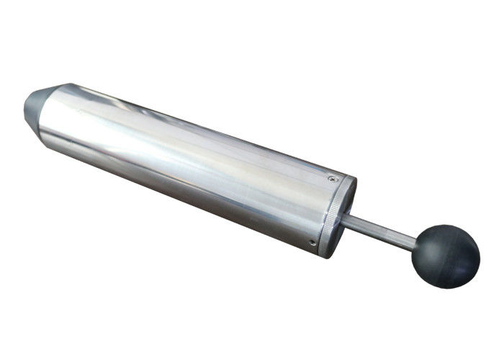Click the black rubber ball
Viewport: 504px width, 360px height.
click(x=446, y=256)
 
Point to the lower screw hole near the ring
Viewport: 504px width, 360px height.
click(x=312, y=243)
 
